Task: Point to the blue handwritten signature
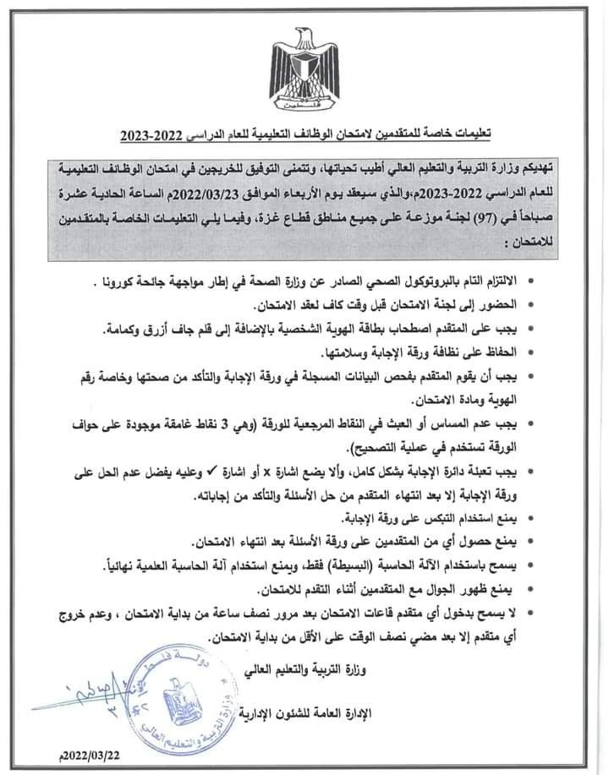pos(76,691)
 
